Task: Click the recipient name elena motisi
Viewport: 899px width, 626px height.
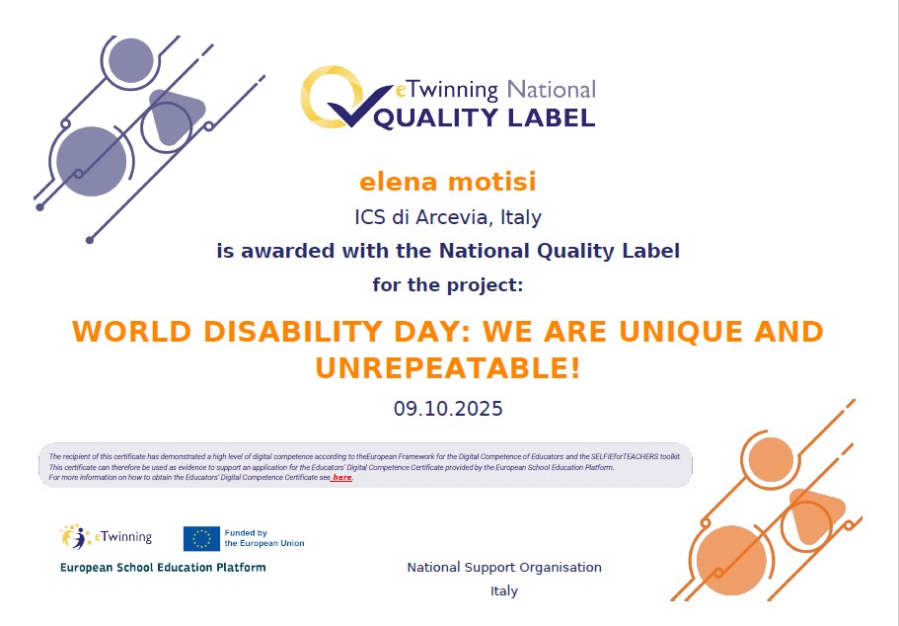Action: (x=448, y=183)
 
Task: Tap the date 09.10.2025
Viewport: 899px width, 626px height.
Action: (x=448, y=408)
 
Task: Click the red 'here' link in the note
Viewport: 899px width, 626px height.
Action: (x=342, y=478)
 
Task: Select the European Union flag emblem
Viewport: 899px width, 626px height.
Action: (x=201, y=538)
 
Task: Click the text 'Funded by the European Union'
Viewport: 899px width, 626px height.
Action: (x=263, y=538)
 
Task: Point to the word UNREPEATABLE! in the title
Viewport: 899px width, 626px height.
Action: (x=448, y=368)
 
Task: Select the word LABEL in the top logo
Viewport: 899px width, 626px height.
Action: (x=551, y=117)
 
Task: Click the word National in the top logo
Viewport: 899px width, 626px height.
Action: (x=551, y=90)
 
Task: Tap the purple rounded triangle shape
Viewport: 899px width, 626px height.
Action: (x=176, y=117)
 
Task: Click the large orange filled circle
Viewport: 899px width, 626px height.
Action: (x=731, y=561)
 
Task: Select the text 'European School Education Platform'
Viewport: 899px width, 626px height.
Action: (x=163, y=568)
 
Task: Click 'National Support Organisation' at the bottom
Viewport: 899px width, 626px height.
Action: (x=504, y=568)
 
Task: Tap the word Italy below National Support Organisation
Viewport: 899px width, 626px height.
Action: (x=504, y=591)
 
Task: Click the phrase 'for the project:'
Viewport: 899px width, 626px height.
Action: (x=448, y=285)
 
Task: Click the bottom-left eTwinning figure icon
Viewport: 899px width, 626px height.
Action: (x=75, y=537)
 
